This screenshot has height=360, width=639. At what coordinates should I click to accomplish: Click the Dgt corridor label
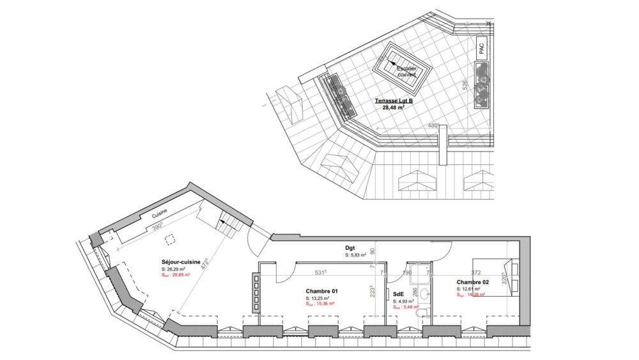pyautogui.click(x=351, y=248)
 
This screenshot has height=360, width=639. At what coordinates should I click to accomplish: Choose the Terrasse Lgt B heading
pyautogui.click(x=394, y=101)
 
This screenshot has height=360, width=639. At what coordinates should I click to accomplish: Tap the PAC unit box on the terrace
pyautogui.click(x=481, y=48)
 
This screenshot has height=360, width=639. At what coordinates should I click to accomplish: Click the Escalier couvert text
pyautogui.click(x=406, y=71)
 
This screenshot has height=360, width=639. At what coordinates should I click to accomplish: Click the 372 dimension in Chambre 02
pyautogui.click(x=475, y=272)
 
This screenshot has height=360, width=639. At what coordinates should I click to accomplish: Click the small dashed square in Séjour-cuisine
pyautogui.click(x=169, y=240)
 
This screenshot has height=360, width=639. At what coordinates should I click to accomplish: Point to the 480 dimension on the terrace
pyautogui.click(x=433, y=125)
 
